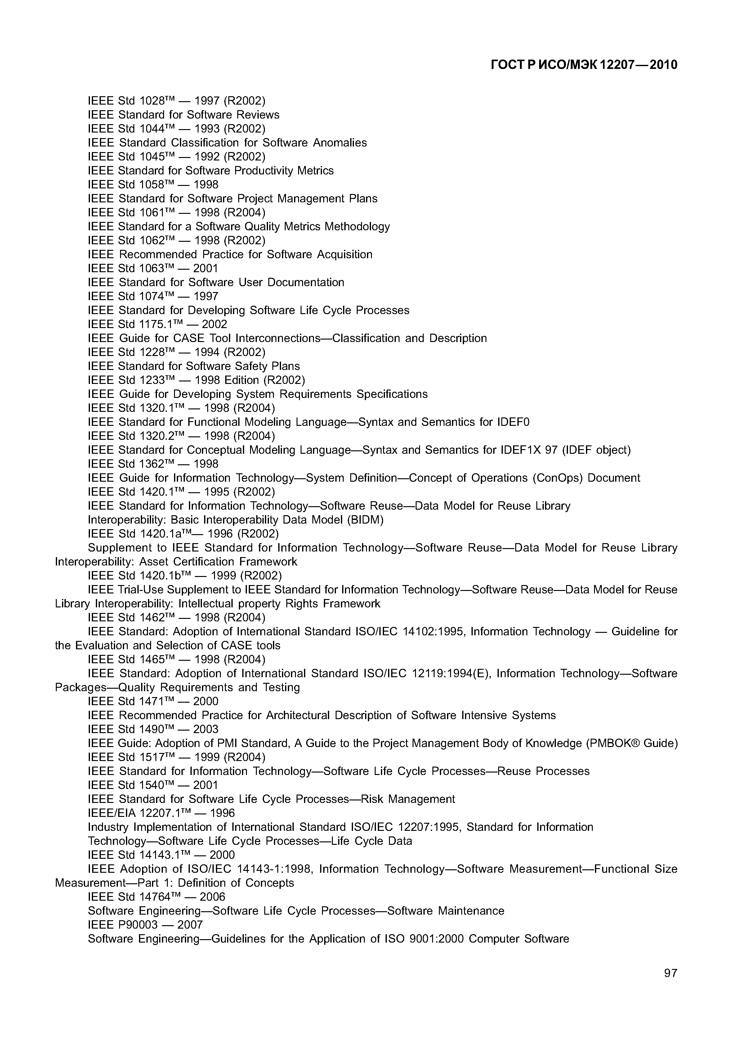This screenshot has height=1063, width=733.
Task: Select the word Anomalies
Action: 340,143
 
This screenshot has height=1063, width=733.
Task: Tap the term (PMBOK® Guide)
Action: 632,743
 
